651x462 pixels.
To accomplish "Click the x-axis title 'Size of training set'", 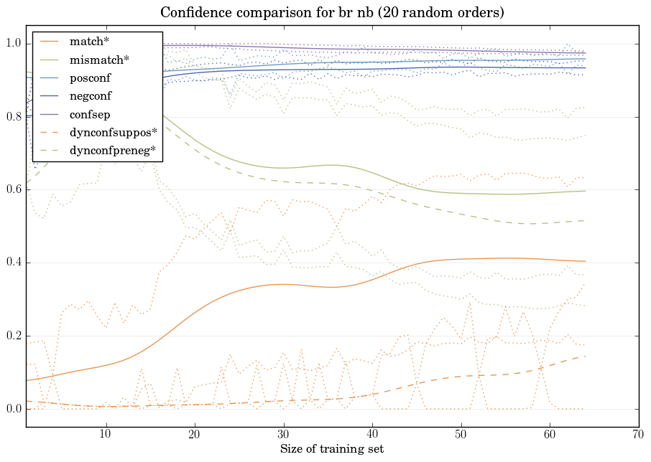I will coord(332,450).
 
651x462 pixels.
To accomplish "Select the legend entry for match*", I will coord(84,42).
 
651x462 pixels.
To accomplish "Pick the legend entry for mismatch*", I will coord(93,58).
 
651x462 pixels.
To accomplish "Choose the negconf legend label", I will coord(90,95).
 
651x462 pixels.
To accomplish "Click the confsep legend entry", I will coord(88,113).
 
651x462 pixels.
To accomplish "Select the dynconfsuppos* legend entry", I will coord(112,132).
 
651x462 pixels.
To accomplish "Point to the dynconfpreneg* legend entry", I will coord(112,150).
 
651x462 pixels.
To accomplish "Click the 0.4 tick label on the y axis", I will coord(13,263).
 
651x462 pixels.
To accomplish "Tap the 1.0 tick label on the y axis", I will coord(13,44).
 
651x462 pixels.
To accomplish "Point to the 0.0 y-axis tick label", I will coord(13,409).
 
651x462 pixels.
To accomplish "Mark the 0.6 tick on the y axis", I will coord(13,190).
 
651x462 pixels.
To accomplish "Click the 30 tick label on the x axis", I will coord(283,435).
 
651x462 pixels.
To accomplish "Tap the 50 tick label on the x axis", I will coord(461,435).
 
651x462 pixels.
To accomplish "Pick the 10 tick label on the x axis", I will coord(106,435).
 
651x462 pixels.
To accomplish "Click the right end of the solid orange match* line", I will coord(586,261).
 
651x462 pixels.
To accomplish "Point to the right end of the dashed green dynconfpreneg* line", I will coord(586,220).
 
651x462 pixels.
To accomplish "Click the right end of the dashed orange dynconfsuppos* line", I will coord(586,356).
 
